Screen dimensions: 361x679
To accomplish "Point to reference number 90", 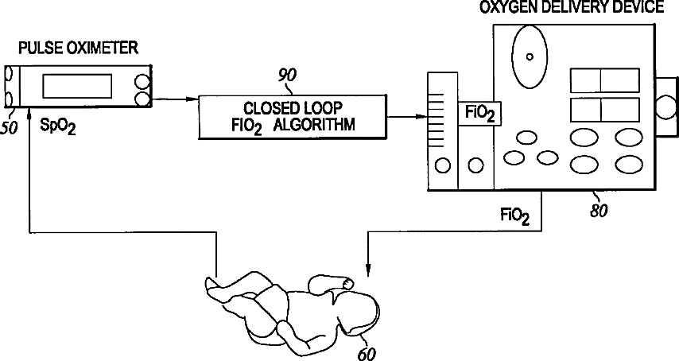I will pos(287,76).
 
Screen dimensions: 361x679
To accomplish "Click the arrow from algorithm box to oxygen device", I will pos(405,118).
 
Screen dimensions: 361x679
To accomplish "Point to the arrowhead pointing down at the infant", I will pos(368,270).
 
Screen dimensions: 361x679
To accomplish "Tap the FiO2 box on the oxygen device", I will pos(479,113).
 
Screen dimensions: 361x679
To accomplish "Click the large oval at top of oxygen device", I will pos(529,56).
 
